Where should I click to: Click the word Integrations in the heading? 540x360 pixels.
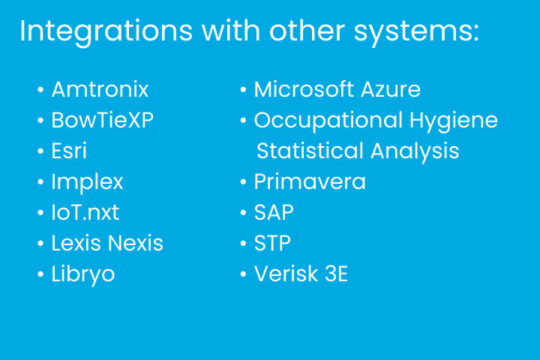pos(106,31)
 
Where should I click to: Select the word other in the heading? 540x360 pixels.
pos(307,31)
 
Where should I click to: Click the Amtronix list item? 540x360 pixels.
pos(100,89)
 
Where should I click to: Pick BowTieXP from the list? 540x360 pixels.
pos(102,120)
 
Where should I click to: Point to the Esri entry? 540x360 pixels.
pos(69,151)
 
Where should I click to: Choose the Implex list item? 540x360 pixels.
pos(87,182)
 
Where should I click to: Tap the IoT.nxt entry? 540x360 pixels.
pos(85,212)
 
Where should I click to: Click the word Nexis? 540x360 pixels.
pos(135,243)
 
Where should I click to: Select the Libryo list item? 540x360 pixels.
pos(83,274)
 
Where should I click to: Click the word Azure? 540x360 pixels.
pos(391,89)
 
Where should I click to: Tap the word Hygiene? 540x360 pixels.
pos(454,121)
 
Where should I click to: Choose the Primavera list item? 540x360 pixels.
pos(310,181)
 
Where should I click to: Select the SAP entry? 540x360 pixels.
pos(274,212)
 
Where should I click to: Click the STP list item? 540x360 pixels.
pos(272,243)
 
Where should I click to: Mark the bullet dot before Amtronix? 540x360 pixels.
pos(40,90)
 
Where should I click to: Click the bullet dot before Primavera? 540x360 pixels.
pos(243,182)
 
